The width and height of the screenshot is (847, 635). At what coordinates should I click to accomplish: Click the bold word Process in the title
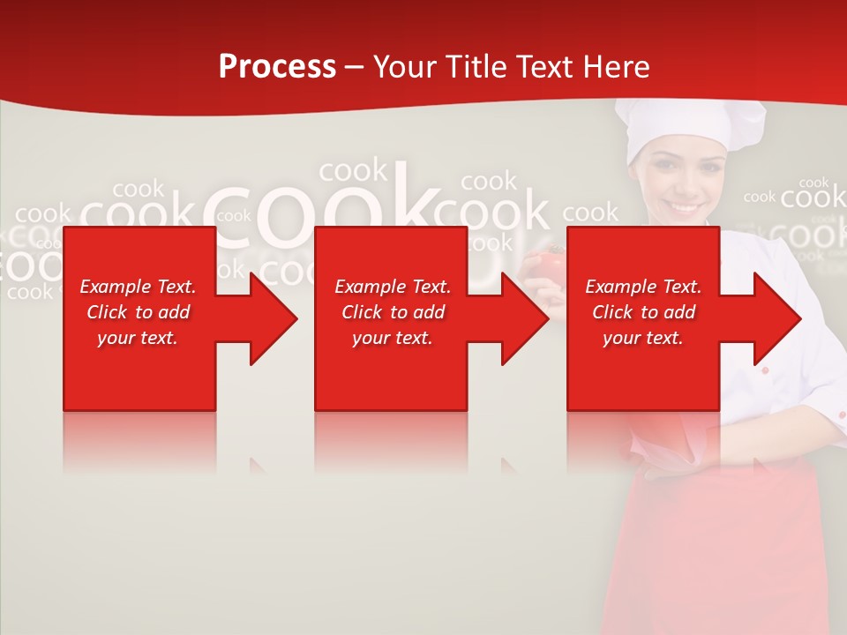coord(277,67)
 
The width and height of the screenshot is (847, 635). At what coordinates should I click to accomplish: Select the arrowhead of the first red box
coord(269,318)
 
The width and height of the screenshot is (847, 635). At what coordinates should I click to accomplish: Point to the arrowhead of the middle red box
coord(521,318)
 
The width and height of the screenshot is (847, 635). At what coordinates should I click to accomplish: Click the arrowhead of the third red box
coord(773,318)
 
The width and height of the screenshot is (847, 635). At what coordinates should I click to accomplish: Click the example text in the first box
coord(138,312)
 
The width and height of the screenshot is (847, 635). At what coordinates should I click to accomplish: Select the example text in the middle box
coord(393,312)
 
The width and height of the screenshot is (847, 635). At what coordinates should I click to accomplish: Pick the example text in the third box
coord(643,312)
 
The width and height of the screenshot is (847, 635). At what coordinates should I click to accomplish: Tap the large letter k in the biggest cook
coord(409,207)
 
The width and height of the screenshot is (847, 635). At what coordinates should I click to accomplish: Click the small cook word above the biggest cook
coord(353,169)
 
